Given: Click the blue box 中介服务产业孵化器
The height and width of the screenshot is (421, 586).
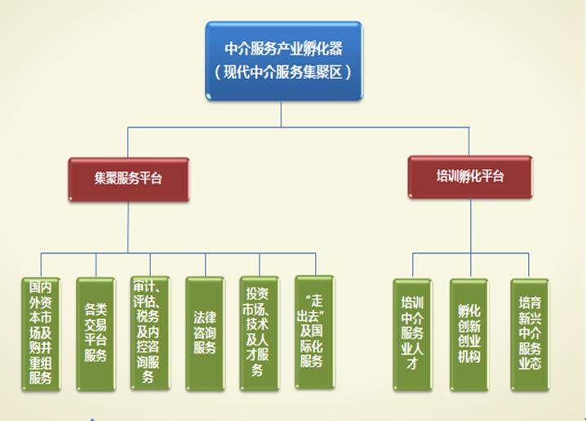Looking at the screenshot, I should [x=282, y=60].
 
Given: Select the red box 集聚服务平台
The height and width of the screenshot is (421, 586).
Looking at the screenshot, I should [x=128, y=179].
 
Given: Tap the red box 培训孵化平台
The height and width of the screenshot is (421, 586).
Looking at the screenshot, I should [x=470, y=176].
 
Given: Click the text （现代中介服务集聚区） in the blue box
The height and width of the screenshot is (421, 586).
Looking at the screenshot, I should [x=282, y=73].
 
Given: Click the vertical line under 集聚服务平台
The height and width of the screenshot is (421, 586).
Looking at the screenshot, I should [x=128, y=224].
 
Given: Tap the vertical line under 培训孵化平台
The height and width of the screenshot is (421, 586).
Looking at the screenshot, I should [x=470, y=224].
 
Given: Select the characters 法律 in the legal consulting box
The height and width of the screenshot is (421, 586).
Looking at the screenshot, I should [x=205, y=313].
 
